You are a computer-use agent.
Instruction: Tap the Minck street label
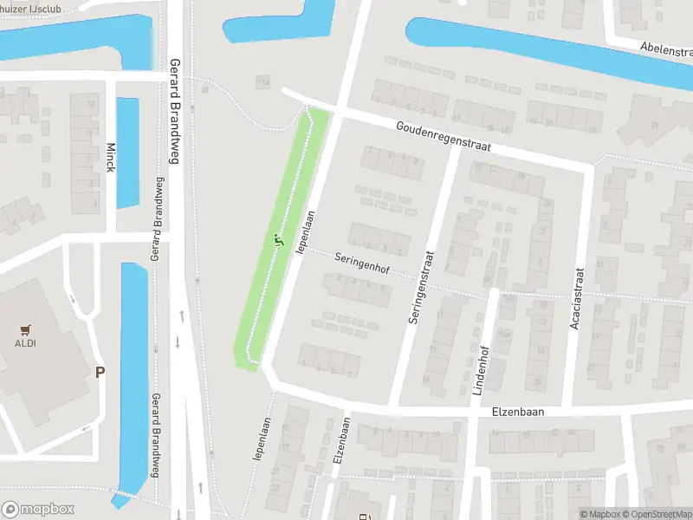click(110, 157)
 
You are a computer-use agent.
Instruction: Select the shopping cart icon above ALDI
click(24, 328)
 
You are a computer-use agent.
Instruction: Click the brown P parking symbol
click(100, 372)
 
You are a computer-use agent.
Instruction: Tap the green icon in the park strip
click(278, 240)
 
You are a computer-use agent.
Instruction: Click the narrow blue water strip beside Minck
click(127, 152)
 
